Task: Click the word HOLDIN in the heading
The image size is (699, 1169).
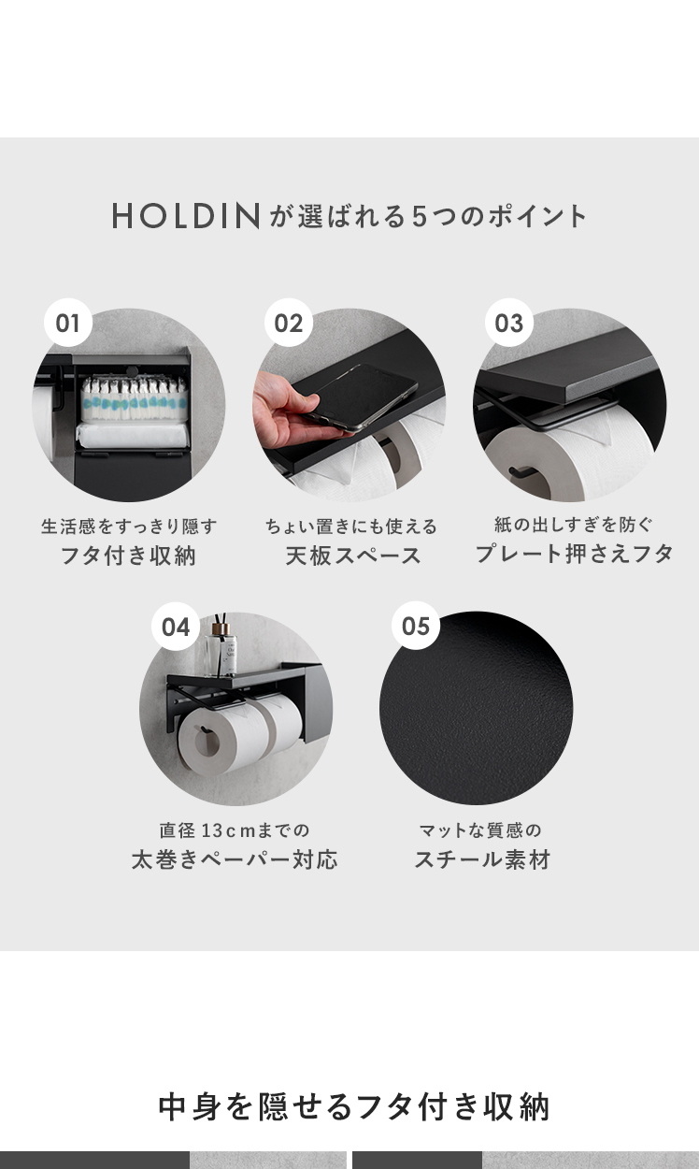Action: pyautogui.click(x=186, y=216)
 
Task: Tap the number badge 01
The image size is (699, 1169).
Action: pyautogui.click(x=68, y=323)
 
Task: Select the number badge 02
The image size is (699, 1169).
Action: pyautogui.click(x=289, y=323)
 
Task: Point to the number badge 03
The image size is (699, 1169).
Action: pyautogui.click(x=509, y=323)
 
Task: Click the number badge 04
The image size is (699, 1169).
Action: pyautogui.click(x=176, y=627)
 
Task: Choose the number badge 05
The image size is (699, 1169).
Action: pyautogui.click(x=416, y=626)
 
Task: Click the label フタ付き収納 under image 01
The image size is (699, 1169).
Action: pyautogui.click(x=128, y=556)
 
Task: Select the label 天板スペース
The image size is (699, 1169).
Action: pyautogui.click(x=353, y=556)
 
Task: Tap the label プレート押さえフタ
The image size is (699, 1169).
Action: pyautogui.click(x=574, y=554)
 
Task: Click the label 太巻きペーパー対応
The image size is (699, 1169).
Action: pyautogui.click(x=235, y=859)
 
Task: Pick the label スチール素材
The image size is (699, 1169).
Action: pyautogui.click(x=482, y=859)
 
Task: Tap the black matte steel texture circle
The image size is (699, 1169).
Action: pyautogui.click(x=476, y=708)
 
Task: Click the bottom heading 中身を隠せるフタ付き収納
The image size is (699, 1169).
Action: pyautogui.click(x=353, y=1107)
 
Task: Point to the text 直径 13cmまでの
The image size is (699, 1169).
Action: pyautogui.click(x=235, y=830)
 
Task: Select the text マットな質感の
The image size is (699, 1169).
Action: pyautogui.click(x=480, y=830)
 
